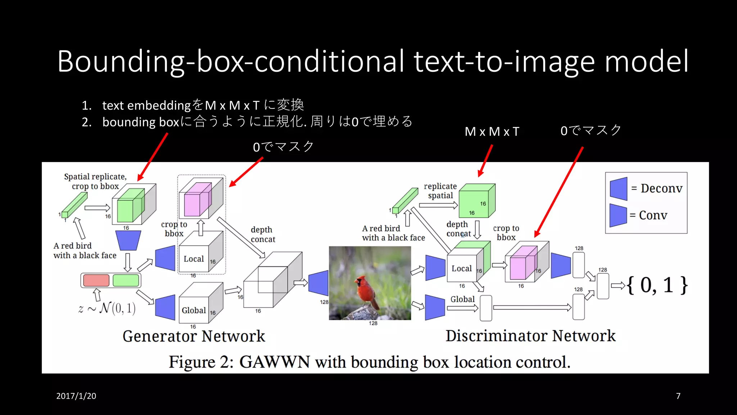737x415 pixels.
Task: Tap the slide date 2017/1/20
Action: pyautogui.click(x=76, y=396)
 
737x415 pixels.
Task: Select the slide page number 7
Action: pyautogui.click(x=678, y=396)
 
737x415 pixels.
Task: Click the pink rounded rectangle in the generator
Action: pyautogui.click(x=96, y=280)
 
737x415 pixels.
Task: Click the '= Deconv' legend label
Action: pyautogui.click(x=657, y=188)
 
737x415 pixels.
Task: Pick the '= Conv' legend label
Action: pyautogui.click(x=649, y=215)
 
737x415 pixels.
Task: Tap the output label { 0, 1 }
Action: pyautogui.click(x=657, y=285)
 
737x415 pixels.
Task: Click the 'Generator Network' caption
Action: pyautogui.click(x=194, y=336)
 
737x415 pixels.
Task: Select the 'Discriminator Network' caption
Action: pyautogui.click(x=530, y=336)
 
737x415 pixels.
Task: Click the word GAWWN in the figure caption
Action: pyautogui.click(x=275, y=362)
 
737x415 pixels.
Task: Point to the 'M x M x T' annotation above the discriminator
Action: pyautogui.click(x=492, y=132)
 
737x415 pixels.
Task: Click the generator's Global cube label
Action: pyautogui.click(x=194, y=310)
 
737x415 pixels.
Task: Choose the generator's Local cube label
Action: pyautogui.click(x=194, y=259)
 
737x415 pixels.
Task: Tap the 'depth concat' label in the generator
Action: pyautogui.click(x=263, y=235)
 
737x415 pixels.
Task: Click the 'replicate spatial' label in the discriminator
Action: pyautogui.click(x=440, y=191)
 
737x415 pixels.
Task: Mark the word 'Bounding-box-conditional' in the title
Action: pyautogui.click(x=230, y=61)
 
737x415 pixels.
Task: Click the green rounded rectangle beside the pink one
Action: pyautogui.click(x=126, y=280)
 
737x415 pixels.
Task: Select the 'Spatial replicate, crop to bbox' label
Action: pyautogui.click(x=95, y=181)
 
